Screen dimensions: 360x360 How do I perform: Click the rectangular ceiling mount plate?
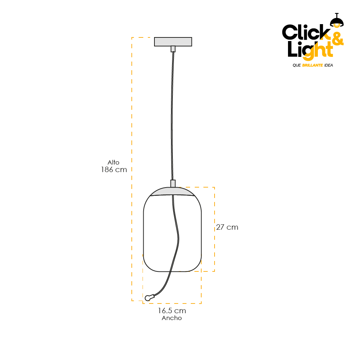(x=173, y=41)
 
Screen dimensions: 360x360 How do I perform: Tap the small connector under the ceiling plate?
(x=173, y=49)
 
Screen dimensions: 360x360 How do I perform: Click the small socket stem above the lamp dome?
(x=173, y=184)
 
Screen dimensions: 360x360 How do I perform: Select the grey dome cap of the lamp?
(x=172, y=192)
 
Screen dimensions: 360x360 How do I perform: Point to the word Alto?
(x=113, y=162)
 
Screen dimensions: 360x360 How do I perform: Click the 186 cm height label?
(x=114, y=170)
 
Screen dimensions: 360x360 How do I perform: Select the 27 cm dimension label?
(x=227, y=227)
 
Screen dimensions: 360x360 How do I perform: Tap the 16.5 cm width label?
(x=172, y=311)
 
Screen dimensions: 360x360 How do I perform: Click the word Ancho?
(x=172, y=318)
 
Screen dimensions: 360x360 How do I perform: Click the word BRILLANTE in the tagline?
(x=312, y=65)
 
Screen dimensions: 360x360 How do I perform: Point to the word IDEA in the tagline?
(x=329, y=65)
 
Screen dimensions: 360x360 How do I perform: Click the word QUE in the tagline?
(x=297, y=65)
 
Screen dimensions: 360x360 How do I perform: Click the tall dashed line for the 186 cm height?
(x=132, y=169)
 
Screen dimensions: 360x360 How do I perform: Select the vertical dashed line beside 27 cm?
(x=215, y=229)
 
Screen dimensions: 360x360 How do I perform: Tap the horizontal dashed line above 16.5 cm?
(x=172, y=303)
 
